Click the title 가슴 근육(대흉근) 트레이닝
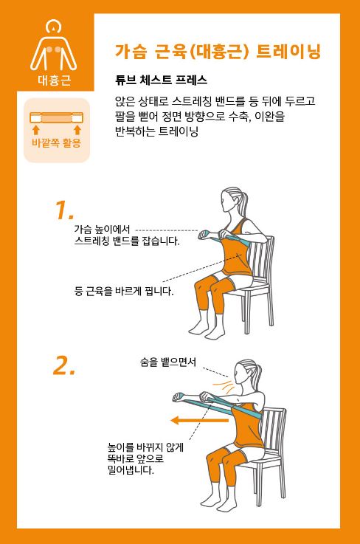pos(218,52)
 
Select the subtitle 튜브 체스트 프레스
pos(162,80)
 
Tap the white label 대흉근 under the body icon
pos(55,80)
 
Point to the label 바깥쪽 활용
pos(57,143)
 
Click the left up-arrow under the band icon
pos(35,130)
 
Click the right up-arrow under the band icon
pos(77,130)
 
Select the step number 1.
pos(64,210)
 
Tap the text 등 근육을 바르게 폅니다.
pos(124,291)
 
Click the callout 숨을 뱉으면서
pos(168,362)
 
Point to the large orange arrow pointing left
pos(199,421)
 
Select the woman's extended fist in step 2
pos(179,397)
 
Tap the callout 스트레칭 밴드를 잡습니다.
pos(127,241)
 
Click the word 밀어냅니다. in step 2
pos(131,471)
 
